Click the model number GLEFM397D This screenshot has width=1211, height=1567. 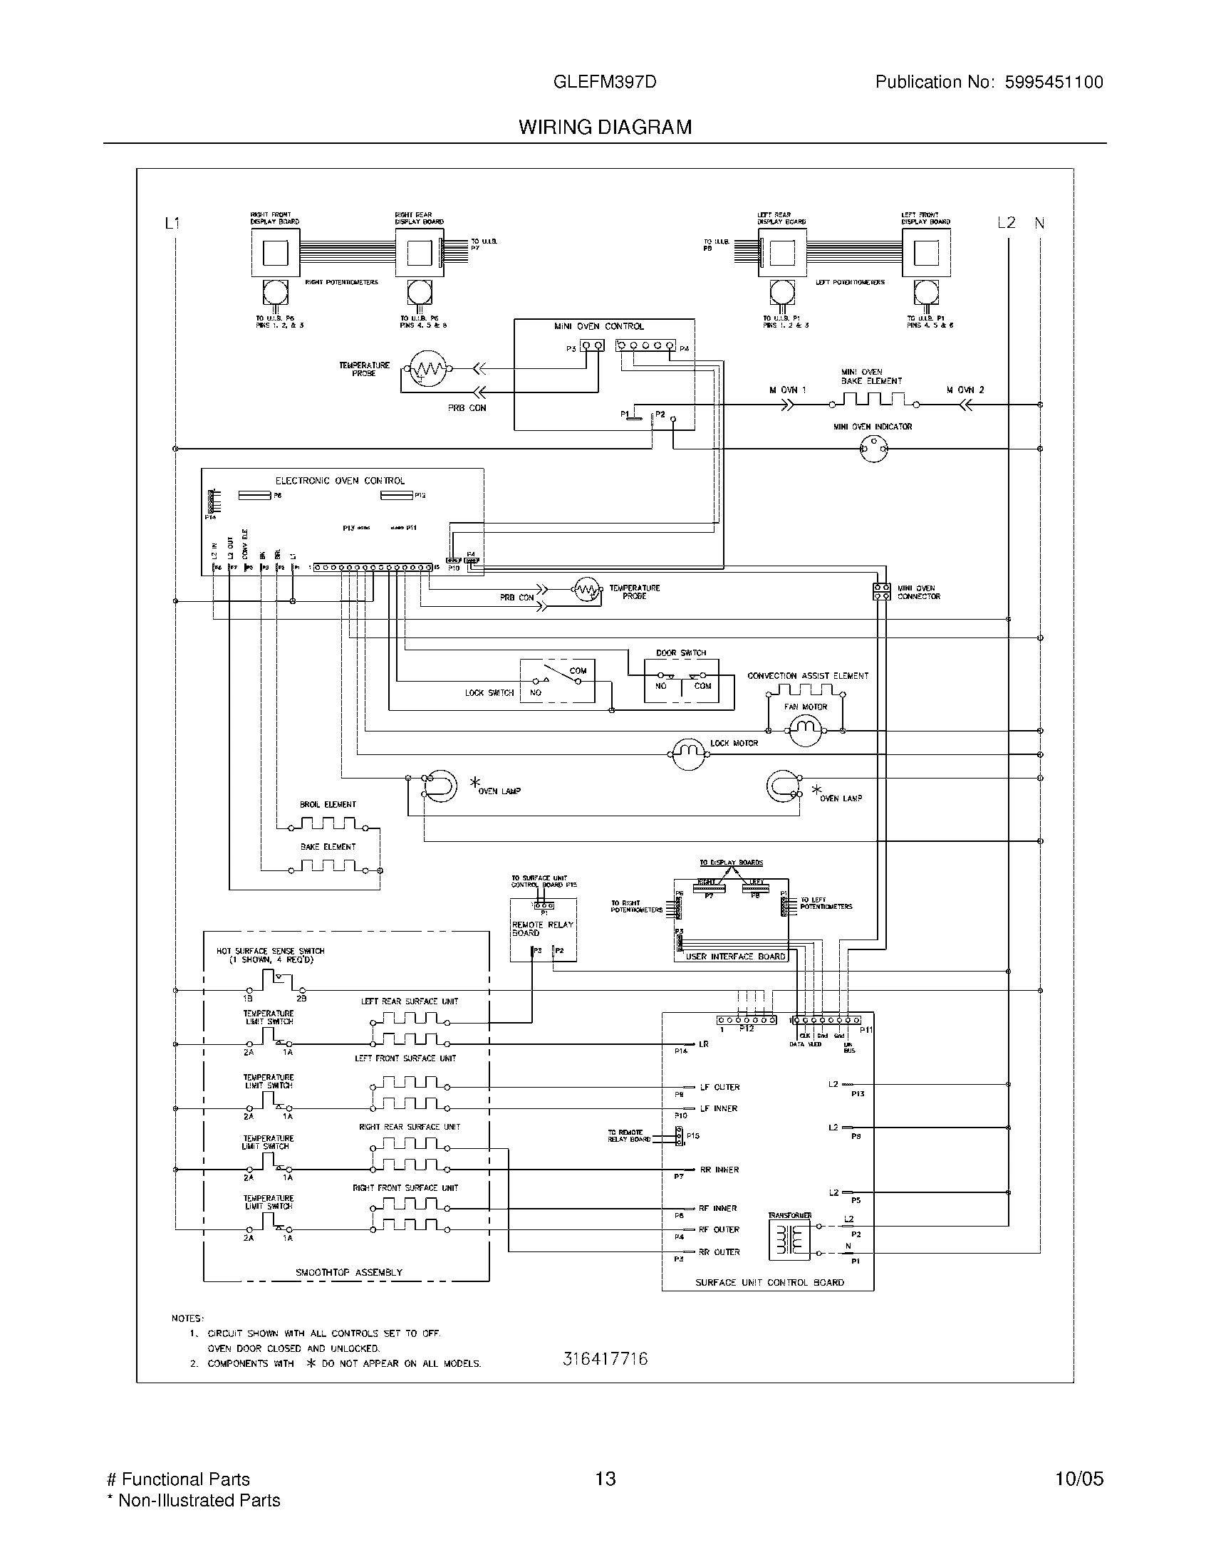coord(604,82)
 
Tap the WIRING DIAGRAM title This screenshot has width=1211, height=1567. coord(605,127)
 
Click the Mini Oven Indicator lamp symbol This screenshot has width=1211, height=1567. coord(873,449)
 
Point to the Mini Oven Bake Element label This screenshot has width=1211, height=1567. coord(871,377)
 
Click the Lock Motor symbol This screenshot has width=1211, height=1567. coord(688,754)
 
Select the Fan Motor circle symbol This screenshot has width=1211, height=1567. coord(804,730)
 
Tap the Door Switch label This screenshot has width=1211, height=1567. coord(681,653)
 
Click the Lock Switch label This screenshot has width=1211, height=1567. coord(489,693)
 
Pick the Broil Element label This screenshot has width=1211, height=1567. coord(328,804)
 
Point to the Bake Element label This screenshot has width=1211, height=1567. coord(328,847)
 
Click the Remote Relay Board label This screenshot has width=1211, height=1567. coord(542,928)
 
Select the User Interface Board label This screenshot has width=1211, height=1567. coord(735,957)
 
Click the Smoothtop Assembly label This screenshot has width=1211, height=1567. coord(349,1272)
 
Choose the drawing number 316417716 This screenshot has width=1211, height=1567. coord(605,1358)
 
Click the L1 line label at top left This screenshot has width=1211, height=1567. coord(172,223)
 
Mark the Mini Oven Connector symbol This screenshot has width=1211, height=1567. coord(881,592)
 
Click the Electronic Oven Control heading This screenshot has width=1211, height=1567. coord(340,481)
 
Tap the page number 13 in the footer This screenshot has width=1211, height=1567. coord(605,1479)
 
